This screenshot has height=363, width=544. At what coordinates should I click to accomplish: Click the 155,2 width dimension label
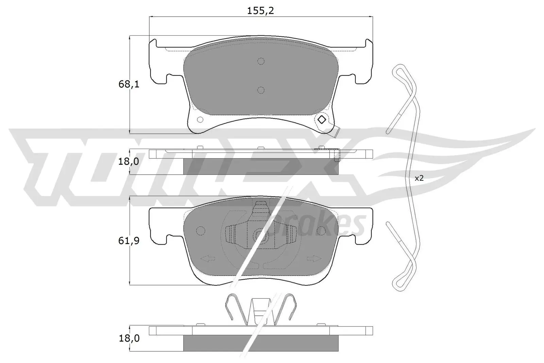(260, 11)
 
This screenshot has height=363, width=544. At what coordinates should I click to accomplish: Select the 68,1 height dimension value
(129, 84)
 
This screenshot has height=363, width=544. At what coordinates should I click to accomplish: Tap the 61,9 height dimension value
(129, 241)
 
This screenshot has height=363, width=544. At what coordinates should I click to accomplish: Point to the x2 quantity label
(419, 178)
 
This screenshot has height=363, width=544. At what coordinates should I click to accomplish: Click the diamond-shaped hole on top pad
(321, 120)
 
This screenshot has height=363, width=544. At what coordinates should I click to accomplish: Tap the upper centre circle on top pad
(261, 61)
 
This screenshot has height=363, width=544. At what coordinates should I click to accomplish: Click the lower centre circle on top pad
(261, 90)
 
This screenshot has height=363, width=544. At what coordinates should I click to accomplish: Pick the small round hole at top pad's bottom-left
(200, 120)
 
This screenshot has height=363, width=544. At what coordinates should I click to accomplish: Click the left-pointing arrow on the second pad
(208, 259)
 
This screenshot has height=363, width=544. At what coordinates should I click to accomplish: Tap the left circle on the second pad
(201, 231)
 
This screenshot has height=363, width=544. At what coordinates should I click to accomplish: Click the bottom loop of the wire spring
(398, 284)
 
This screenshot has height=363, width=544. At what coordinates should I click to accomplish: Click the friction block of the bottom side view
(260, 343)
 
